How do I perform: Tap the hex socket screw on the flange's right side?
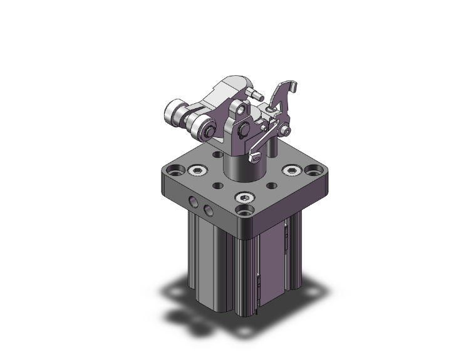click(x=290, y=170)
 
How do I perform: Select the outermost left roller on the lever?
click(x=173, y=113)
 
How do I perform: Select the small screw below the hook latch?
click(x=286, y=131)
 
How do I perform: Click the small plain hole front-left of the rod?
click(x=217, y=185)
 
